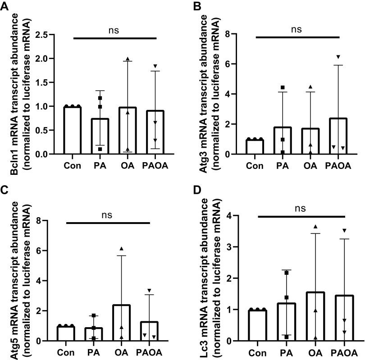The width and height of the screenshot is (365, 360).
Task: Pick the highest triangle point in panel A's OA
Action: coord(128,59)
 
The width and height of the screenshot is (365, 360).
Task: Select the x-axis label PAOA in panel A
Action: coord(155,165)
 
